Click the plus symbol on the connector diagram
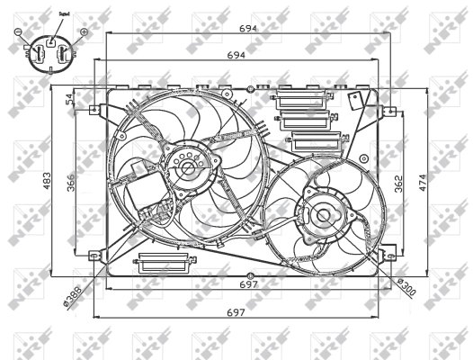[x=83, y=32]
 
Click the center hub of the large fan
[x=187, y=167]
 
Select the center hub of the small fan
[x=320, y=214]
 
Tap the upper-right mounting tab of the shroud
[x=388, y=108]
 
